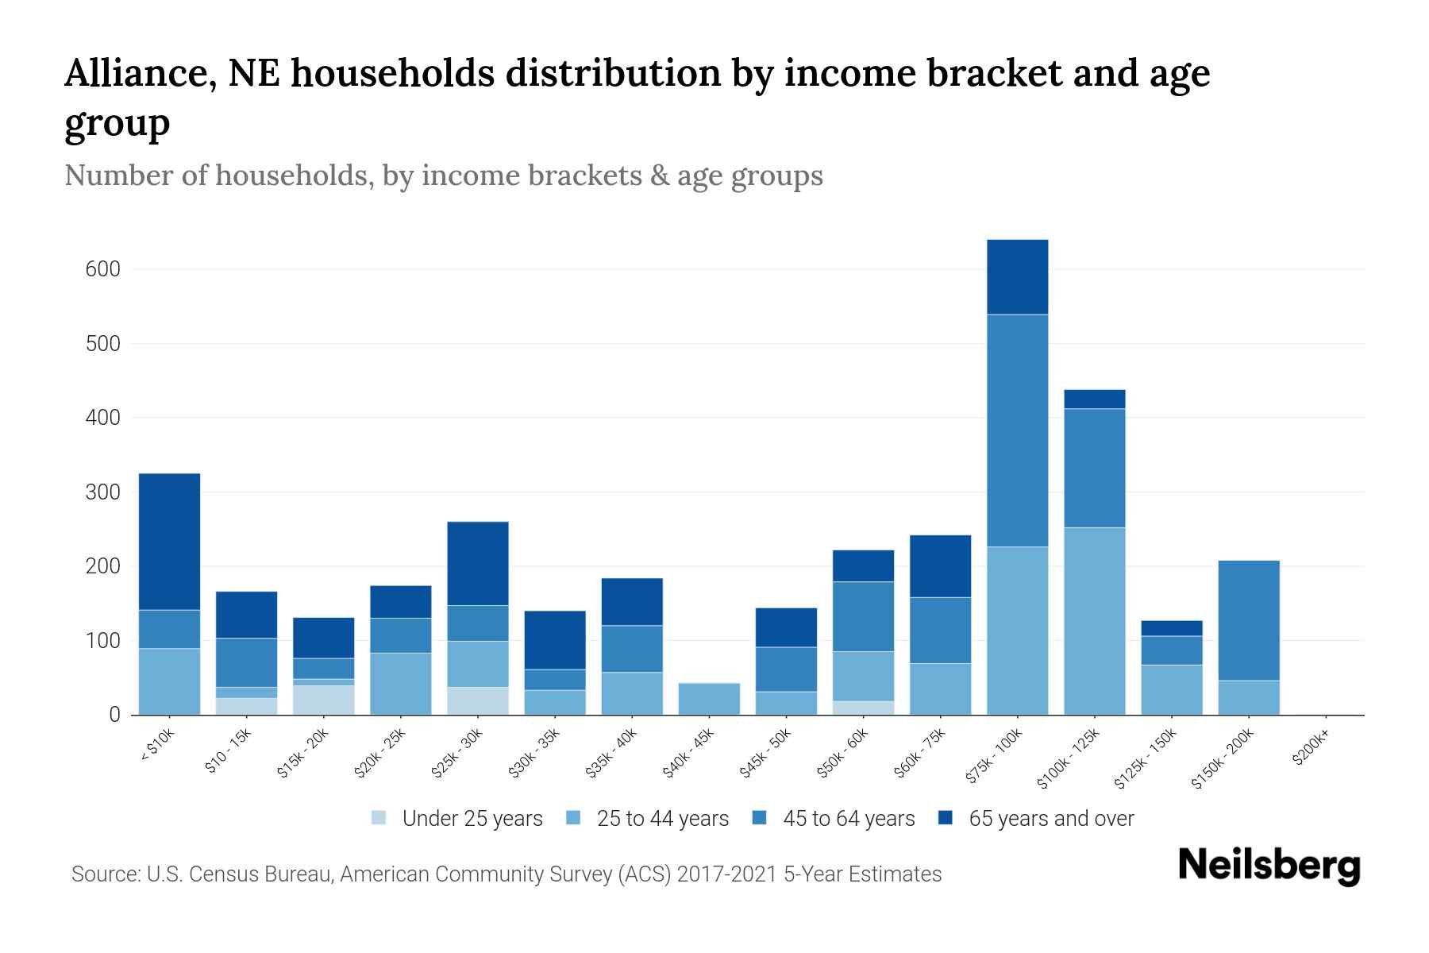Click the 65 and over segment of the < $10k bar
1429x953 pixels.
click(169, 542)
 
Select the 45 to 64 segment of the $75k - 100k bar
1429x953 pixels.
click(1017, 430)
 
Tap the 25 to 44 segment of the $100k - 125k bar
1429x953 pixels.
click(1094, 621)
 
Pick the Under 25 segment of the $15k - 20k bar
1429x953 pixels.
click(323, 700)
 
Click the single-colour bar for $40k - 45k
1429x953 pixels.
click(709, 699)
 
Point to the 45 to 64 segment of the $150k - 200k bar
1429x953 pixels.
click(1248, 620)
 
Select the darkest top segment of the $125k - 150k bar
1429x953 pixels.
click(1171, 628)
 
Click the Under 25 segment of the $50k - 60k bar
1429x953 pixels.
click(863, 708)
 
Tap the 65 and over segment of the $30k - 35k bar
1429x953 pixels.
click(555, 640)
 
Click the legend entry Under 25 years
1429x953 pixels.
click(472, 819)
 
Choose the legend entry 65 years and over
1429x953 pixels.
click(1050, 819)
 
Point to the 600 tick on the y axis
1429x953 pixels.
click(102, 269)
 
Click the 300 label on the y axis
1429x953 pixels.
click(102, 492)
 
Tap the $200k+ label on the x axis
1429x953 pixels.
click(1311, 750)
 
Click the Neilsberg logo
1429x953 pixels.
click(1269, 866)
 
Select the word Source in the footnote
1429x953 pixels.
click(104, 874)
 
